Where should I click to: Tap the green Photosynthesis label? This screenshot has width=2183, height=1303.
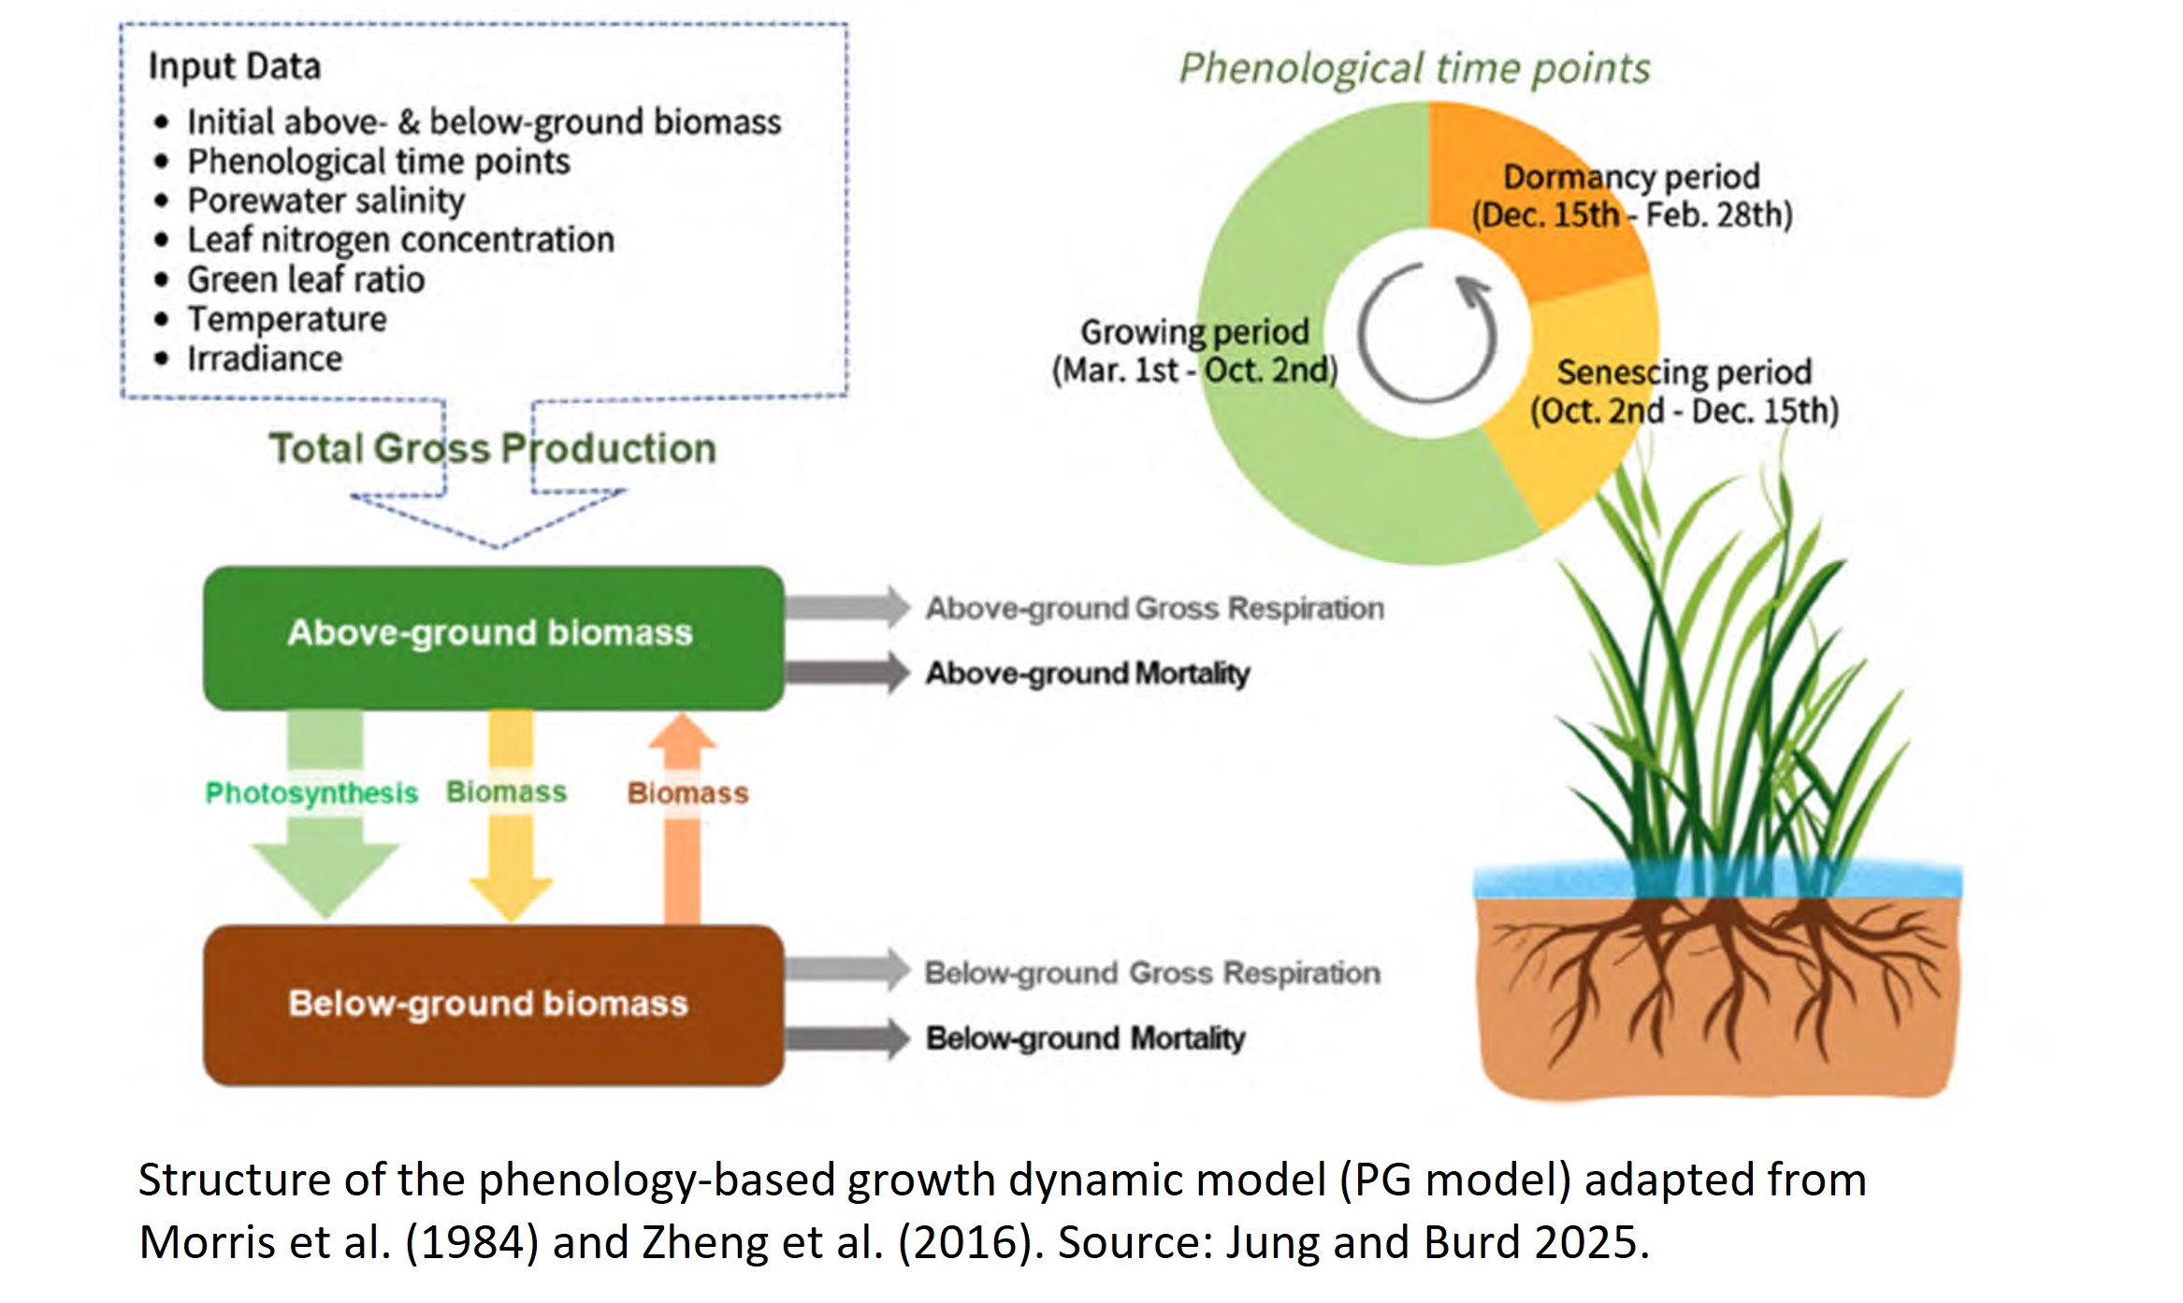point(311,793)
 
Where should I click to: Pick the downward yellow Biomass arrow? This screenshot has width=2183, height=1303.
point(511,842)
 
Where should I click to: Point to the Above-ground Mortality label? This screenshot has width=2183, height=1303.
point(1087,673)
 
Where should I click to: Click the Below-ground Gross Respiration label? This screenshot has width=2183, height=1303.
point(1151,973)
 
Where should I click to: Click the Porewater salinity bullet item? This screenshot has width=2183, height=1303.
point(325,200)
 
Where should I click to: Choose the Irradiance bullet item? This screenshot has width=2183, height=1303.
point(265,358)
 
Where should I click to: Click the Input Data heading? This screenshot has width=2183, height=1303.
point(235,66)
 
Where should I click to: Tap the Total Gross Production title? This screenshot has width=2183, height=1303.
point(493,448)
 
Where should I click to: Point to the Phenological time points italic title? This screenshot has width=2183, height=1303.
point(1413,68)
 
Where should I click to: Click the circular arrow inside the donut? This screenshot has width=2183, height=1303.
point(1427,333)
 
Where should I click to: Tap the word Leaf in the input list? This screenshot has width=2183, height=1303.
point(220,240)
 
